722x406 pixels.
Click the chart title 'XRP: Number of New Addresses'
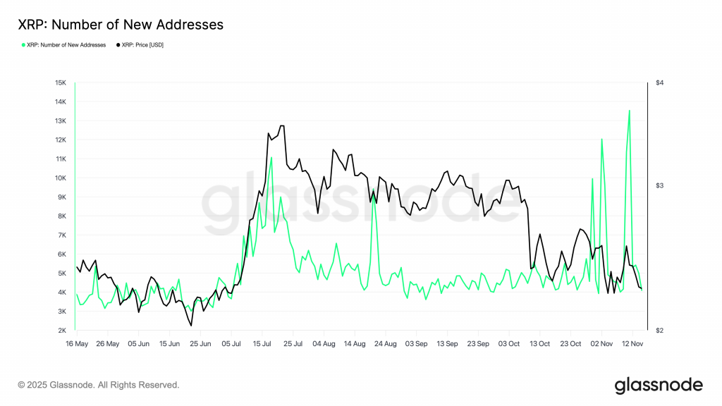[x=121, y=25]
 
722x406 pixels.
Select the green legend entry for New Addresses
[x=64, y=45]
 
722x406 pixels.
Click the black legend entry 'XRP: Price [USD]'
[x=139, y=45]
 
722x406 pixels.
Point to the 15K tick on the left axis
[x=61, y=82]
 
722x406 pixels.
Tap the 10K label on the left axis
[x=61, y=178]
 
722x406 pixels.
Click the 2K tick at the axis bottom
[x=61, y=330]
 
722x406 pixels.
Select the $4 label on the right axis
[x=660, y=82]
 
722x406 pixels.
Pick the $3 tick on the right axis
[x=660, y=185]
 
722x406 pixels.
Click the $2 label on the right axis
[x=660, y=330]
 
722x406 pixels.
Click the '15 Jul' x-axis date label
[x=262, y=344]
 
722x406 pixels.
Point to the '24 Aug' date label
[x=386, y=344]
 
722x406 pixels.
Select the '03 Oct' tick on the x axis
[x=510, y=344]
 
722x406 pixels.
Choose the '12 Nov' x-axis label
[x=632, y=344]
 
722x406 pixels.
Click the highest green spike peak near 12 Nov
[x=629, y=110]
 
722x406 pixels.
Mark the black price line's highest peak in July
[x=282, y=126]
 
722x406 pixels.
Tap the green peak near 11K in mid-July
[x=271, y=157]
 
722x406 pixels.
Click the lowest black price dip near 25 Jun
[x=191, y=325]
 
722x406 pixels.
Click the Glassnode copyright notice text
[x=99, y=385]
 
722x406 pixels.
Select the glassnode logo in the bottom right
[x=659, y=385]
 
